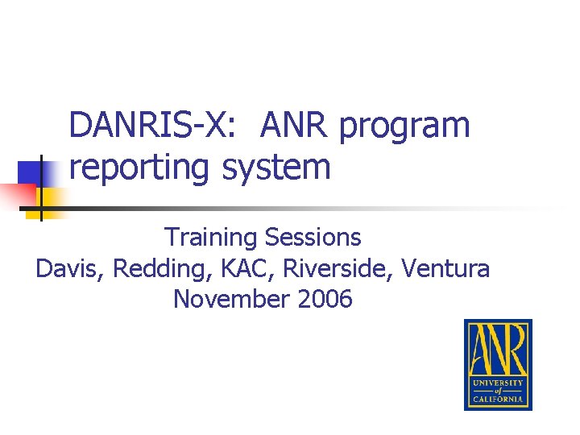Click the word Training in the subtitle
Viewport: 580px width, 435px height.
pos(210,238)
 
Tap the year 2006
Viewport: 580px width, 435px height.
pos(325,300)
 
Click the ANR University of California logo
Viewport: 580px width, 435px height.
pos(498,364)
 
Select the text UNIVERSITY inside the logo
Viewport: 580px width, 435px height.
pos(498,383)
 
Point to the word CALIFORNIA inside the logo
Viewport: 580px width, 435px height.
pos(498,399)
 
